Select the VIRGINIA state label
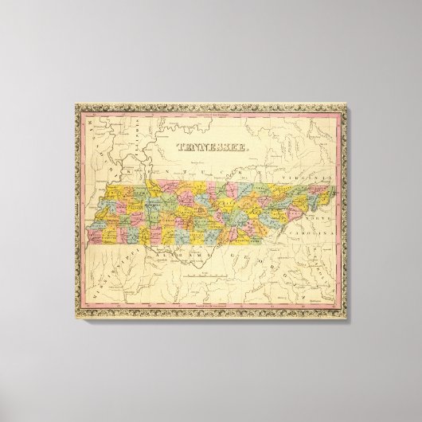317,176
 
